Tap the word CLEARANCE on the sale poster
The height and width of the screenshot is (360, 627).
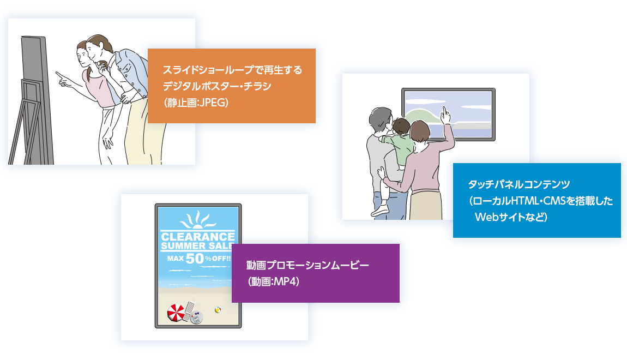point(198,237)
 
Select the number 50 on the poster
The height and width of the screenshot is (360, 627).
point(195,259)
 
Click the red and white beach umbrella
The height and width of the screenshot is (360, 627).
point(177,313)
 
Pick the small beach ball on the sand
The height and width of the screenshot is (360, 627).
point(218,310)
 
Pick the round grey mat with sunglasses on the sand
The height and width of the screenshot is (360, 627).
point(196,317)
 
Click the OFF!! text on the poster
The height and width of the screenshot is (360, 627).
point(221,259)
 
